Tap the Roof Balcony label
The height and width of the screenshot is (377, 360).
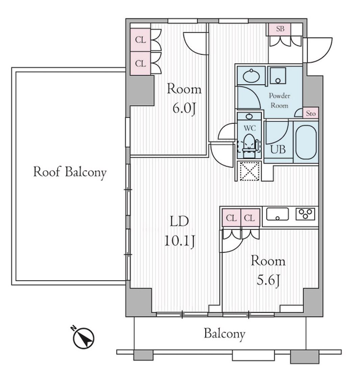click(x=70, y=173)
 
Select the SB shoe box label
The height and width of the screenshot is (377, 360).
click(x=280, y=29)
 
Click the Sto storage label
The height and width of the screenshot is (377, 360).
click(x=310, y=113)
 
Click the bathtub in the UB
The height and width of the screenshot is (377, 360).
click(x=306, y=142)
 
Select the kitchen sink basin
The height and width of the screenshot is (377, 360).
click(x=277, y=214)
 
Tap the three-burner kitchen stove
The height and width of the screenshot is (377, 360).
click(x=305, y=214)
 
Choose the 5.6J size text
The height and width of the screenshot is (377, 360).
click(x=268, y=280)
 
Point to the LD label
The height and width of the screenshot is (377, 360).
click(x=179, y=222)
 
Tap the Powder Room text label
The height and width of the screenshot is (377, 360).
click(x=279, y=101)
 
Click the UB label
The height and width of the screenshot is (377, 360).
click(x=278, y=150)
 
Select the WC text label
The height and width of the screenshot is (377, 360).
click(x=250, y=128)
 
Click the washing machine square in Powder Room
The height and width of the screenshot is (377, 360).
click(x=278, y=76)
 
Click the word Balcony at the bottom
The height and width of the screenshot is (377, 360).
click(x=225, y=334)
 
